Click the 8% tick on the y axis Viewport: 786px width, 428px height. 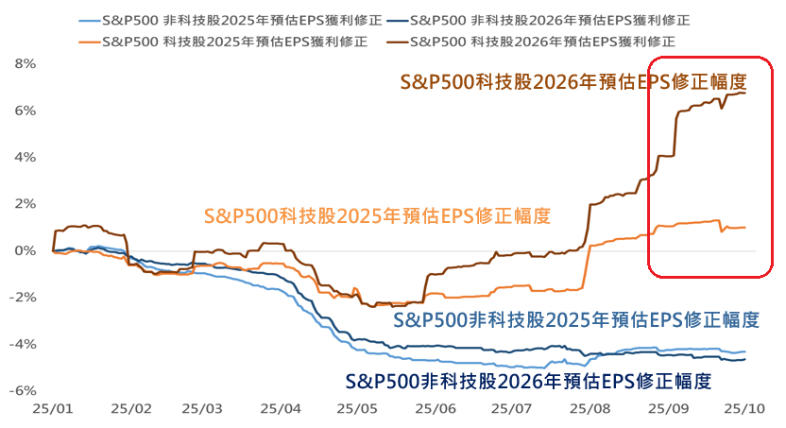(24, 63)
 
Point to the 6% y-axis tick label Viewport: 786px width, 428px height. (24, 111)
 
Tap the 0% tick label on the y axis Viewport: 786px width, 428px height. (24, 250)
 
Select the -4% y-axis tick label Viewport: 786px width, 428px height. (22, 344)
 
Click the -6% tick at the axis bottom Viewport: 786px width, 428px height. (22, 390)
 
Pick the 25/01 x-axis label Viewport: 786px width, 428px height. (53, 409)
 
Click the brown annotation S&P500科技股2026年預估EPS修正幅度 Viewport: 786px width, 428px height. (573, 81)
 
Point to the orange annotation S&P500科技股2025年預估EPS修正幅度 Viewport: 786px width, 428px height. (376, 214)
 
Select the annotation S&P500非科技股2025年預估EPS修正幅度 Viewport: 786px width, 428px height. (575, 318)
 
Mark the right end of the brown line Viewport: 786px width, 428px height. (745, 93)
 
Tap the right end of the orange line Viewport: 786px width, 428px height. (745, 227)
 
